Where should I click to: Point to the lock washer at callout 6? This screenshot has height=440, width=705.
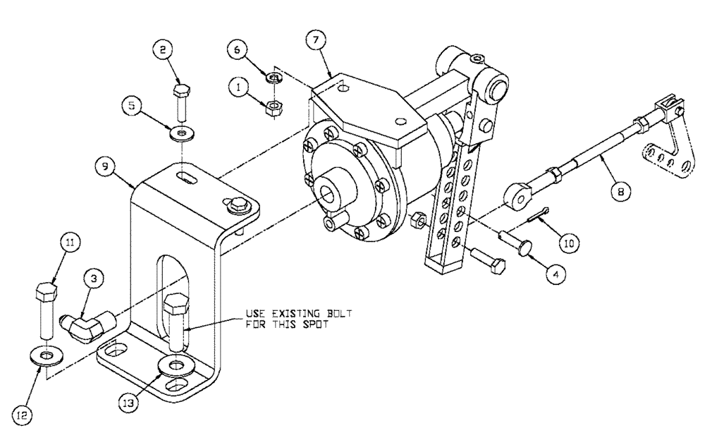click(x=274, y=77)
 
